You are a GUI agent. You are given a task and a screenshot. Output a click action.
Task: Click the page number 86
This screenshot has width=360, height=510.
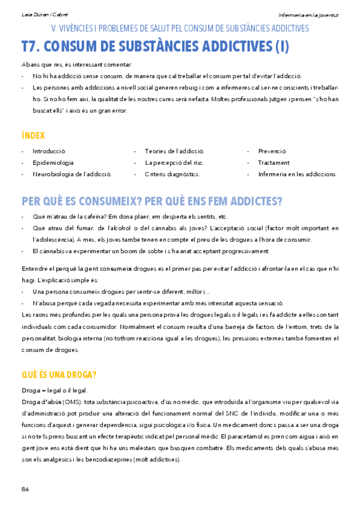click(x=25, y=489)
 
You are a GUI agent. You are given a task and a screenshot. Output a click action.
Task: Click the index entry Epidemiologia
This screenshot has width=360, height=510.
click(x=53, y=162)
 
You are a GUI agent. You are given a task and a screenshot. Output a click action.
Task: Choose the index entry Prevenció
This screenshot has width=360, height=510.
click(x=272, y=151)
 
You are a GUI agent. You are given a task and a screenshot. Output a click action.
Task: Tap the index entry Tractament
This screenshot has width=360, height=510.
click(x=273, y=162)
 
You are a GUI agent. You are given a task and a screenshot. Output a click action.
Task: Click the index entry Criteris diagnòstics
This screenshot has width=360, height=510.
click(x=172, y=174)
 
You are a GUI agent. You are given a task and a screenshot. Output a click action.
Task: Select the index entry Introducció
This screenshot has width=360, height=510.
click(x=49, y=151)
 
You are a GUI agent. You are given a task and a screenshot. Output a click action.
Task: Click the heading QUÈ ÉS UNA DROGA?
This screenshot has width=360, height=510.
click(x=59, y=375)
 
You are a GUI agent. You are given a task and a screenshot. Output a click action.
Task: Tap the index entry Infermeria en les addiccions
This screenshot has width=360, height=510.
click(x=297, y=174)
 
